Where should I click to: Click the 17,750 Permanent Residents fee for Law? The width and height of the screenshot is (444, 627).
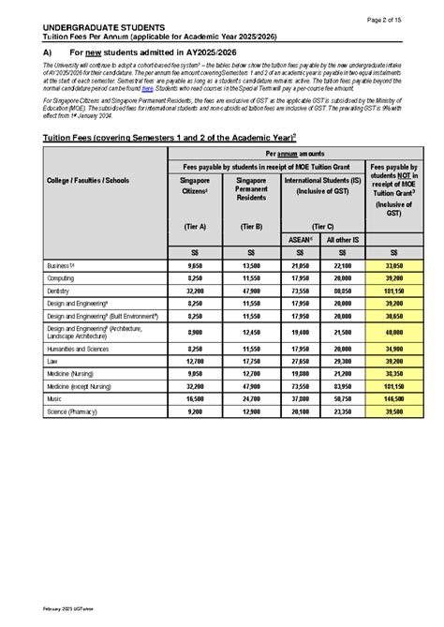(251, 360)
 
